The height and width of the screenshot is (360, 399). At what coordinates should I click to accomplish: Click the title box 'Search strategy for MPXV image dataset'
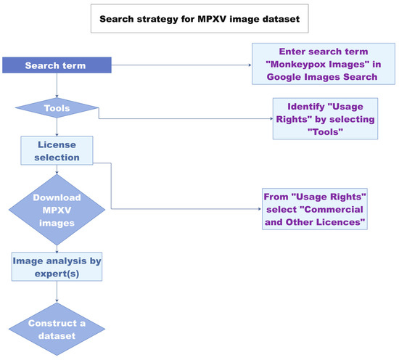click(199, 17)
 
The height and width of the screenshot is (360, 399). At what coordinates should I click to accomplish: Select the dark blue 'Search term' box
click(56, 66)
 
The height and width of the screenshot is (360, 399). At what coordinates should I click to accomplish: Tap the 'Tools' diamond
click(56, 107)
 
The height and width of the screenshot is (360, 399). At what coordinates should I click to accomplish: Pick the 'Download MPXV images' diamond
click(56, 211)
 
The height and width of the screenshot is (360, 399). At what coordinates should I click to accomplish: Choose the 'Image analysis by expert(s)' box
click(56, 267)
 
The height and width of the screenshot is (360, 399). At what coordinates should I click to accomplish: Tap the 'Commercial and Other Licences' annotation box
click(315, 210)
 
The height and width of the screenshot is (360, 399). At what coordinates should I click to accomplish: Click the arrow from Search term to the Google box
click(181, 66)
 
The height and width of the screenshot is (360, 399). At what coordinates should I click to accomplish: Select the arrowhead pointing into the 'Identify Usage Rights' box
click(269, 118)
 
